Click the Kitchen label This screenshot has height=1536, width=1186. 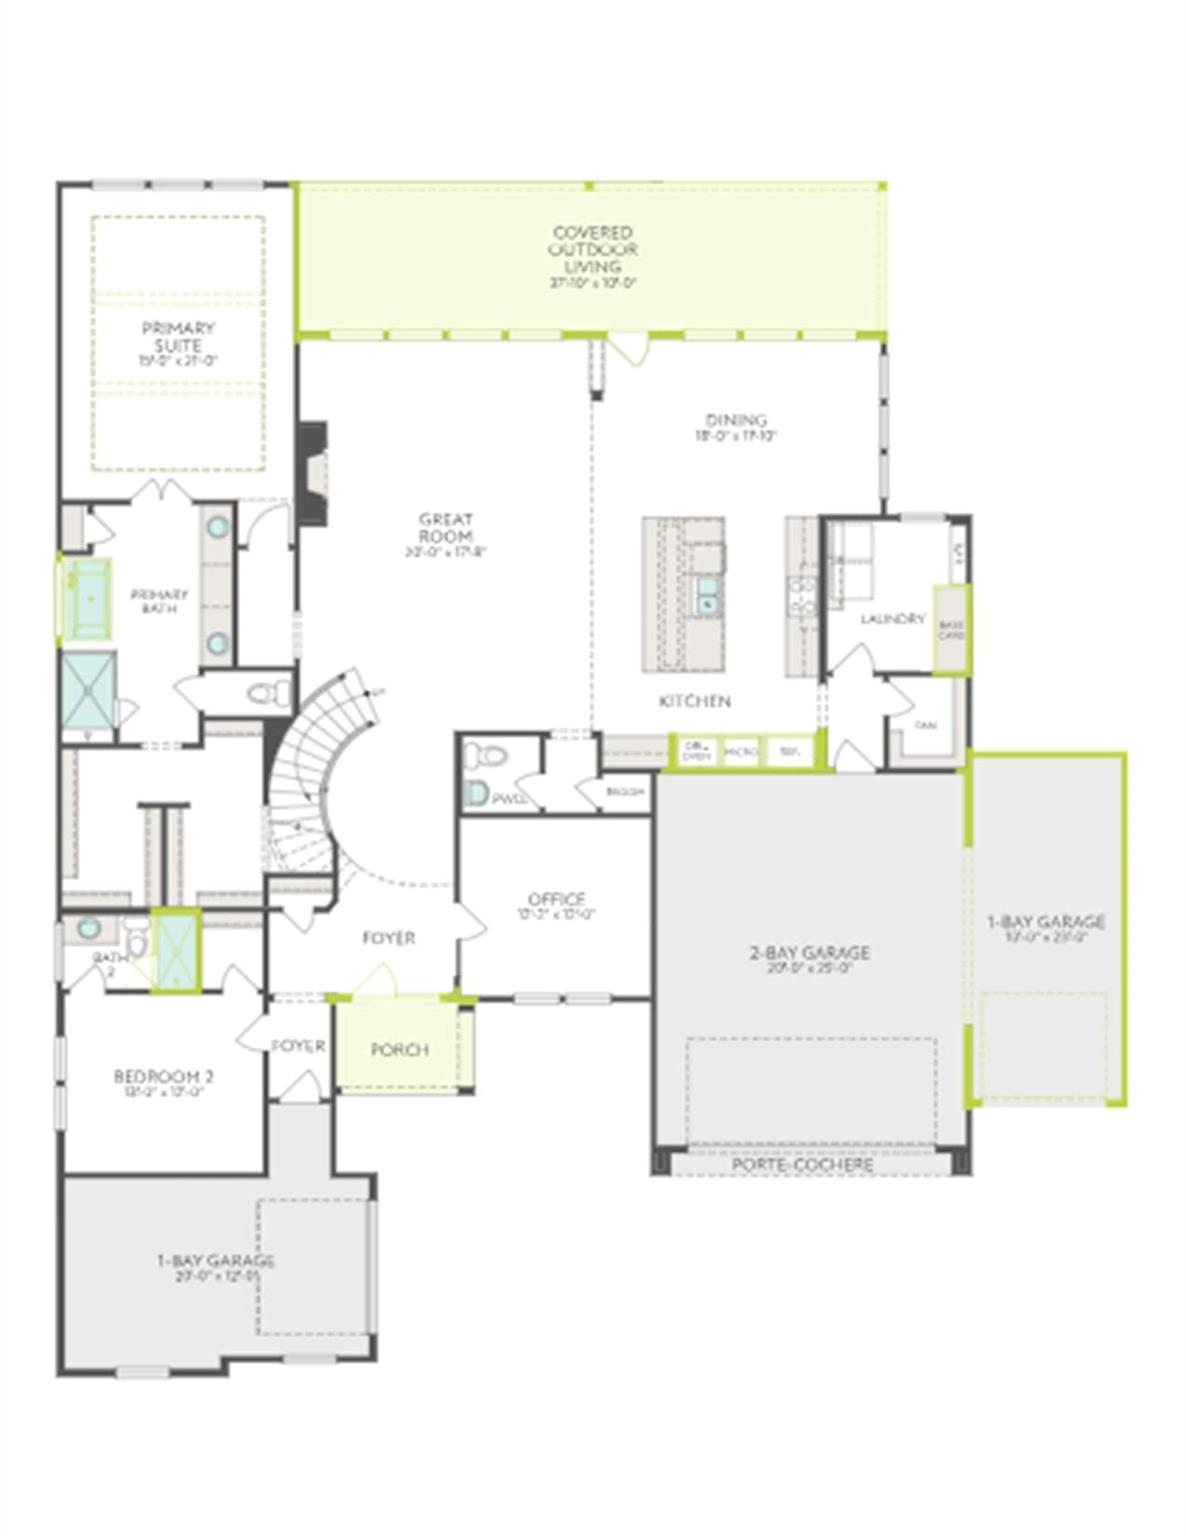pyautogui.click(x=694, y=701)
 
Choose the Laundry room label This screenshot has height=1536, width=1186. pyautogui.click(x=892, y=619)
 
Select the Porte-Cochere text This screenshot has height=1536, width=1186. pyautogui.click(x=802, y=1165)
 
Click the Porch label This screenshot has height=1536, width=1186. pyautogui.click(x=399, y=1049)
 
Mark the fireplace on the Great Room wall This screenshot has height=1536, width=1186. pyautogui.click(x=313, y=473)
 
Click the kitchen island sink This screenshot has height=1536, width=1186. pyautogui.click(x=708, y=593)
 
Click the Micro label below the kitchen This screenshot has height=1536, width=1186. pyautogui.click(x=740, y=751)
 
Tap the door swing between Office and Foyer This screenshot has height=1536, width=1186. pyautogui.click(x=470, y=919)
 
